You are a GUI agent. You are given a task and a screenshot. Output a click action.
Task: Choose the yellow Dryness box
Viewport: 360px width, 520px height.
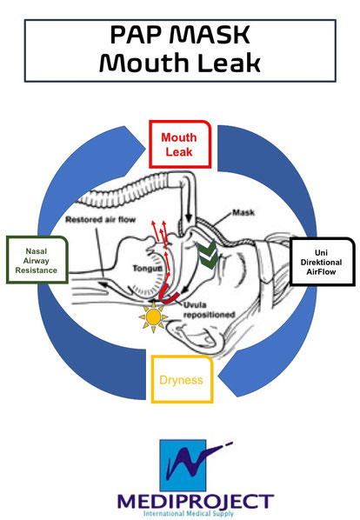183,380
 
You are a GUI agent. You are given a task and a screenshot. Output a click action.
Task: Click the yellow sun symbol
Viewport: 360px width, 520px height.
154,318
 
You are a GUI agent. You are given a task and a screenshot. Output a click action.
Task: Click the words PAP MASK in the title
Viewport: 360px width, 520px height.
180,34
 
